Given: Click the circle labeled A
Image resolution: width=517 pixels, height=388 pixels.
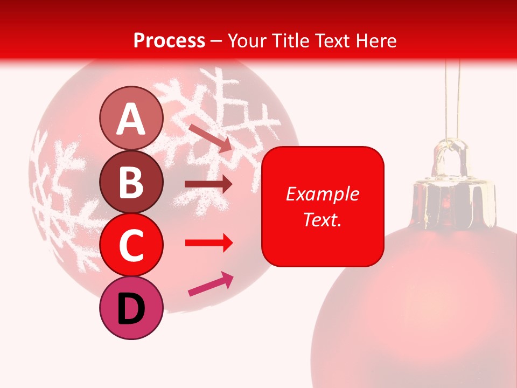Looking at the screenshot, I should (131, 118).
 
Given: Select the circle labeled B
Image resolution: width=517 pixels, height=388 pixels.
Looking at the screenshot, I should (131, 182).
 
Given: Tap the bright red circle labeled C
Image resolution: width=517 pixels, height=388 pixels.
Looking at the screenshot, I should (131, 245).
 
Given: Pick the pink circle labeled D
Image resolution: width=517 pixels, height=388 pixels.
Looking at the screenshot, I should (131, 308).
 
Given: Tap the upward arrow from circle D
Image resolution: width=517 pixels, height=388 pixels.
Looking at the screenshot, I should (211, 285).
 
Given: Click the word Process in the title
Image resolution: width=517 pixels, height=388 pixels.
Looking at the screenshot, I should (169, 40).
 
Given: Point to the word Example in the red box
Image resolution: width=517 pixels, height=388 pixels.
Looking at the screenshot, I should (322, 194).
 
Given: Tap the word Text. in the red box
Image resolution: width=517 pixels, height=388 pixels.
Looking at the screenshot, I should (322, 219).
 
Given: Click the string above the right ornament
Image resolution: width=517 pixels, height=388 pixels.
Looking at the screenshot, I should (453, 97).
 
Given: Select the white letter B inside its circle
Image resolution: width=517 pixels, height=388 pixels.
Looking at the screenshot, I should (131, 182).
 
